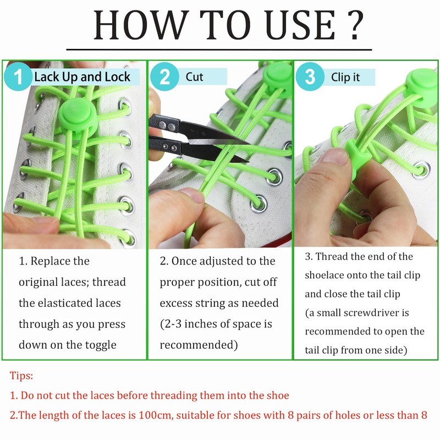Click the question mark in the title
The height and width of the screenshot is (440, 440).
coord(355,25)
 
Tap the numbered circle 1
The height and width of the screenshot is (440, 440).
coord(18,76)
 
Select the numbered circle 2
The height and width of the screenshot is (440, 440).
coord(164,76)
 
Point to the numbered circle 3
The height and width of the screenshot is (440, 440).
coord(310,76)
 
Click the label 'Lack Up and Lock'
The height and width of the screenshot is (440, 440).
coord(82,76)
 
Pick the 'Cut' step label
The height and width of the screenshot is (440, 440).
coord(194,76)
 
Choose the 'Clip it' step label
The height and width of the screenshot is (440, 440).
coord(345,77)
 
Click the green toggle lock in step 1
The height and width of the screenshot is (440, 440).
coord(76,114)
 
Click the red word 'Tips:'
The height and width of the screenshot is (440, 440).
coord(21,375)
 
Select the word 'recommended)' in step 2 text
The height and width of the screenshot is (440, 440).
coord(199,345)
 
